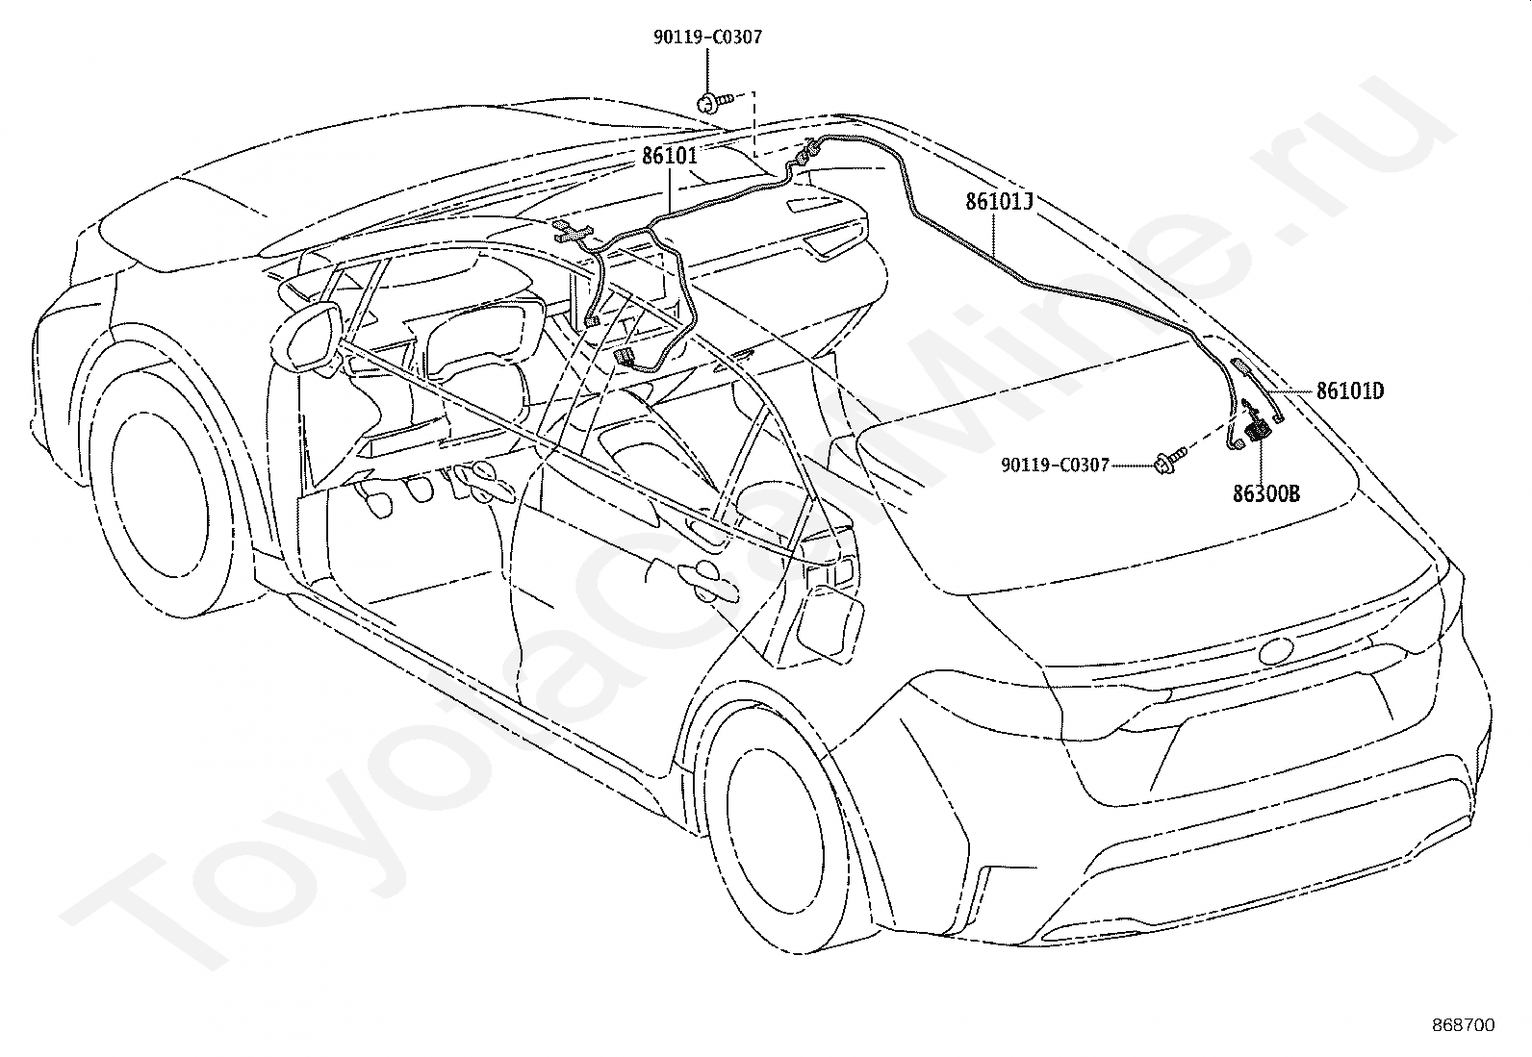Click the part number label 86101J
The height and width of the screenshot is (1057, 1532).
click(999, 202)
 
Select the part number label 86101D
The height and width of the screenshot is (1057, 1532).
click(1350, 391)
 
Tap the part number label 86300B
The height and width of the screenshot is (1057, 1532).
click(1266, 493)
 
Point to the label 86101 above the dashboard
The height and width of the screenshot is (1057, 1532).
click(670, 155)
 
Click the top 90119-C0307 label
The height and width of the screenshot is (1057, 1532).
click(707, 37)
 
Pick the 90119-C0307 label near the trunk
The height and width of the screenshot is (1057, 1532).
click(1055, 465)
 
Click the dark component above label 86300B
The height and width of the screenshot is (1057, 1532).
click(1258, 432)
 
